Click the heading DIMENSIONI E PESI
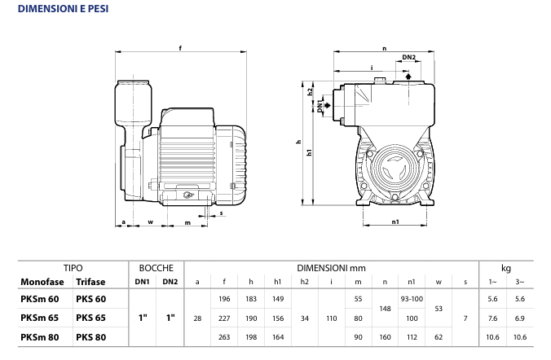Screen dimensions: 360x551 pyautogui.click(x=58, y=10)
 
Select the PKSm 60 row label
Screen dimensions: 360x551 pyautogui.click(x=39, y=299)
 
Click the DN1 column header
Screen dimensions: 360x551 pyautogui.click(x=142, y=282)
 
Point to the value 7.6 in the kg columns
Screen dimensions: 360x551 pyautogui.click(x=492, y=317)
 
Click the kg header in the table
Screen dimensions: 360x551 pyautogui.click(x=505, y=267)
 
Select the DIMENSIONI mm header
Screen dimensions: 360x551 pyautogui.click(x=330, y=267)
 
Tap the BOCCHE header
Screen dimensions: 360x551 pyautogui.click(x=156, y=267)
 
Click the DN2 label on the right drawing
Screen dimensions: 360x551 pyautogui.click(x=410, y=57)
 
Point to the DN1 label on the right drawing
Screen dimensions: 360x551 pyautogui.click(x=320, y=106)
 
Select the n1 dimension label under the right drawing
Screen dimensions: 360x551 pyautogui.click(x=395, y=222)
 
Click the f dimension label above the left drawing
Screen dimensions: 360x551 pyautogui.click(x=180, y=46)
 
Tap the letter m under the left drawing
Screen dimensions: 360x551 pyautogui.click(x=188, y=222)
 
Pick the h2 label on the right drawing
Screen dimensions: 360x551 pyautogui.click(x=311, y=92)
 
